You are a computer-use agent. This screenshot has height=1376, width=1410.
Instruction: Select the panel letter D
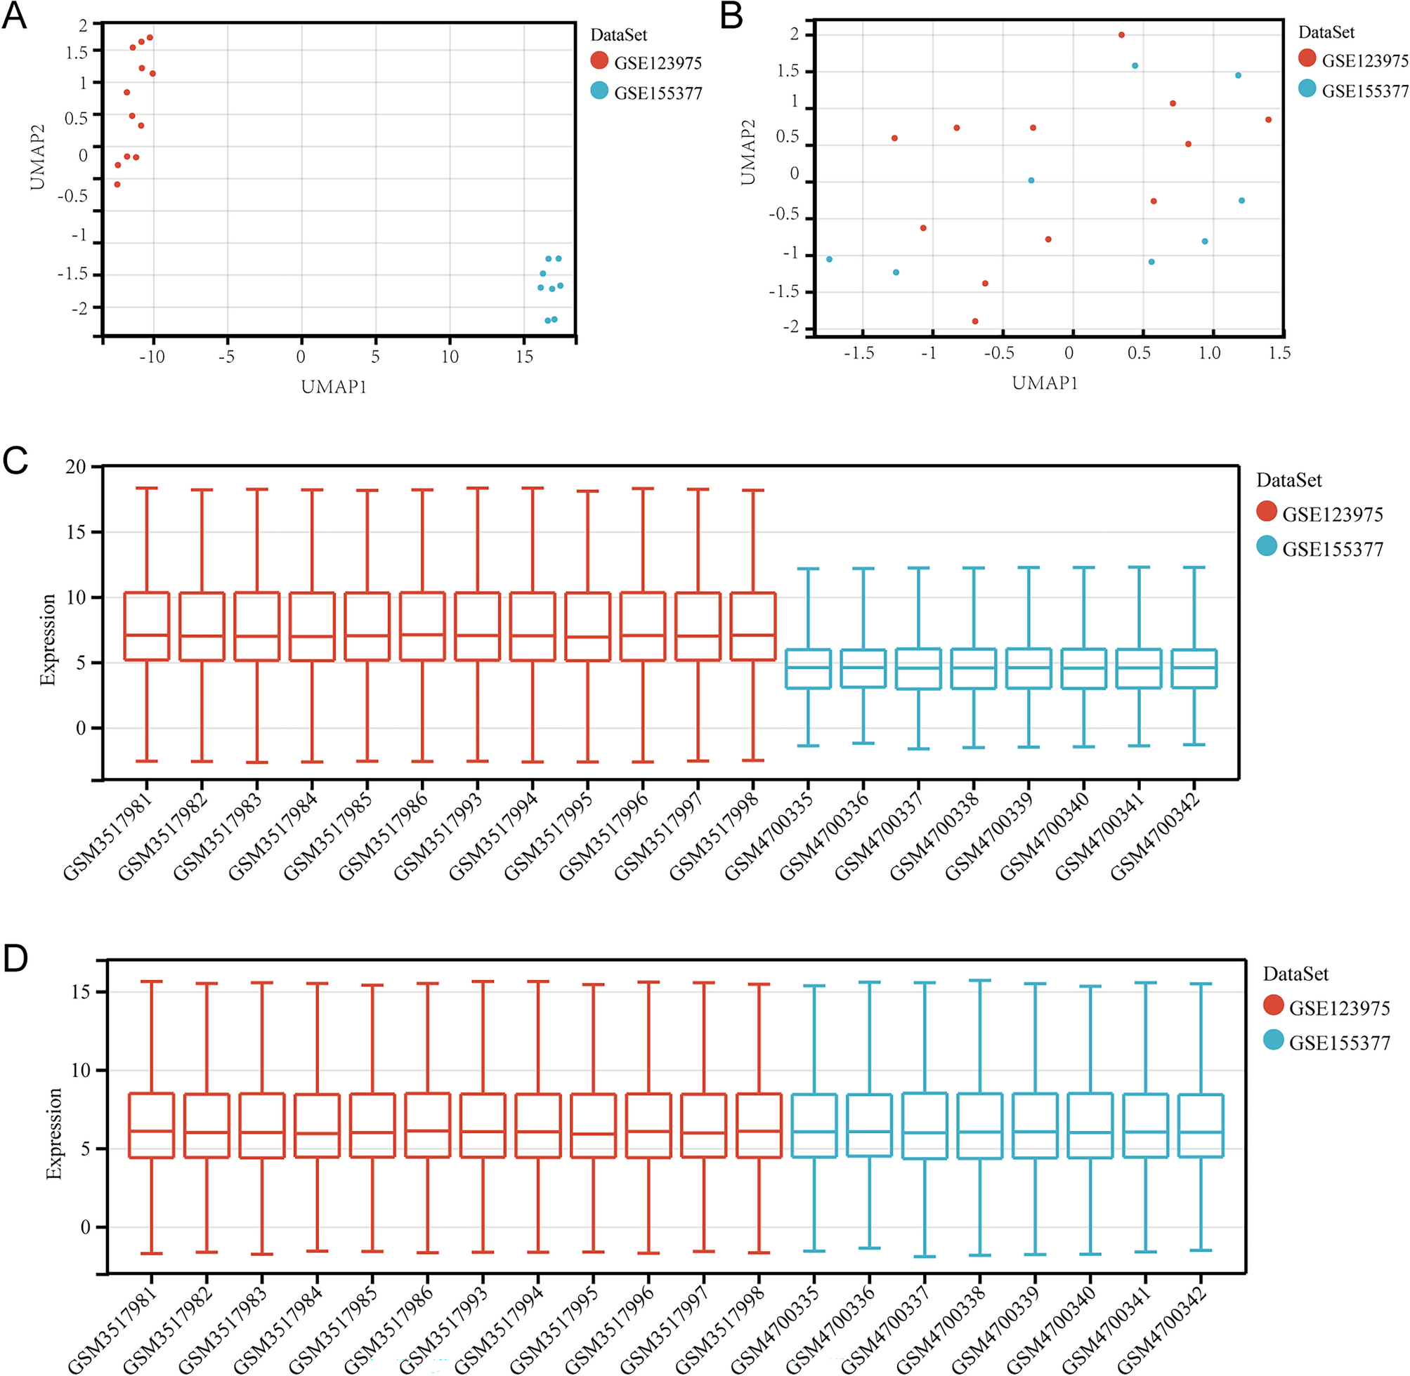(x=15, y=960)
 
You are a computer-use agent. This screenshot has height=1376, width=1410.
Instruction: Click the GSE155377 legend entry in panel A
(x=658, y=93)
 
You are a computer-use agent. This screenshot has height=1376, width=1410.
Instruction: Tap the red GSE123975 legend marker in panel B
(x=1307, y=58)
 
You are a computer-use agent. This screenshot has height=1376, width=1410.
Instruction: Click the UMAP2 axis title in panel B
(x=748, y=152)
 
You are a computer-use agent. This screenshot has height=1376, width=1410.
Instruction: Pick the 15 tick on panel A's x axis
(x=524, y=357)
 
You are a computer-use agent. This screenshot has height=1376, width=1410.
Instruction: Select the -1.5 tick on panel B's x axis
(x=860, y=353)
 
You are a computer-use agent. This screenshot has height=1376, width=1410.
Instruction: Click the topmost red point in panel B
(x=1121, y=34)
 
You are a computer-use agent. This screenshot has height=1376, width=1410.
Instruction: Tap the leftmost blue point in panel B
(x=830, y=259)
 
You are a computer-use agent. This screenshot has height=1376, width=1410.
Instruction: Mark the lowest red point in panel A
(x=117, y=184)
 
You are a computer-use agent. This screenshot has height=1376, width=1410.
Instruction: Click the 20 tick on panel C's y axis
(x=75, y=467)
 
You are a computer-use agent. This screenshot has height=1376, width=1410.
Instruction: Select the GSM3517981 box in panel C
(x=147, y=626)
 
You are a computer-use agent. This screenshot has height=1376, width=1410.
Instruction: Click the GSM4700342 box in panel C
(x=1194, y=668)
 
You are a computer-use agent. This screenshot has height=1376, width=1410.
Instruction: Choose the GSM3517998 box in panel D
(x=759, y=1125)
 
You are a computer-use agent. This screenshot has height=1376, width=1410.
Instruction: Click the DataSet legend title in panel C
(x=1288, y=481)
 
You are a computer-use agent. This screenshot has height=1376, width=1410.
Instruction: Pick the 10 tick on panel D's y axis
(x=81, y=1071)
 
